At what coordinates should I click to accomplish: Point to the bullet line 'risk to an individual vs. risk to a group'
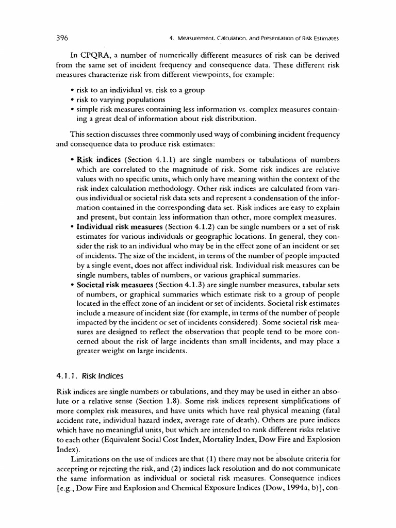[x=140, y=90]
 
